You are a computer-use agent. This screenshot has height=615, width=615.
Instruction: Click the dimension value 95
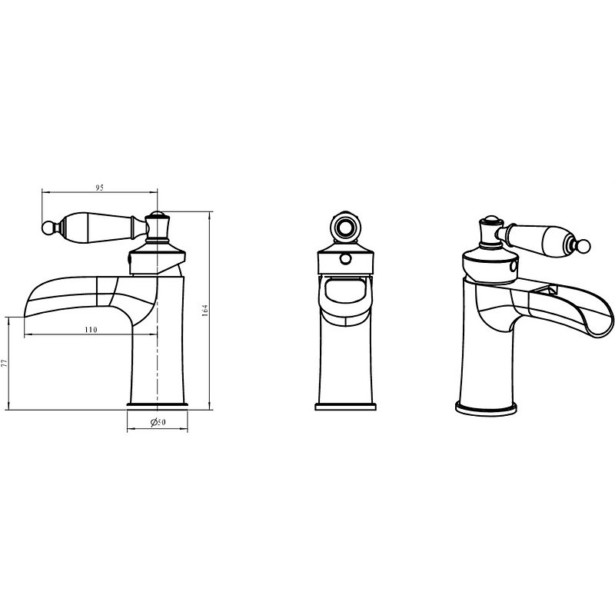pyautogui.click(x=100, y=188)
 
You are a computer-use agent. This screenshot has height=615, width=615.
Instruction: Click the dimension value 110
pyautogui.click(x=91, y=330)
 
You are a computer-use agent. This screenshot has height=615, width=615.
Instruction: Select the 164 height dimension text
pyautogui.click(x=204, y=311)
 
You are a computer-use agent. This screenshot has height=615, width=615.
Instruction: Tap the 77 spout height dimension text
pyautogui.click(x=5, y=363)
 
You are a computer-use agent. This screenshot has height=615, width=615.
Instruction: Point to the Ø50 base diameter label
pyautogui.click(x=158, y=422)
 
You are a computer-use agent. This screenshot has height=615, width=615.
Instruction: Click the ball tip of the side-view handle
pyautogui.click(x=47, y=228)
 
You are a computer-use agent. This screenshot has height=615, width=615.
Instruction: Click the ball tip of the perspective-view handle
pyautogui.click(x=584, y=246)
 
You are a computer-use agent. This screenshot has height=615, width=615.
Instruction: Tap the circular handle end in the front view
pyautogui.click(x=345, y=226)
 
